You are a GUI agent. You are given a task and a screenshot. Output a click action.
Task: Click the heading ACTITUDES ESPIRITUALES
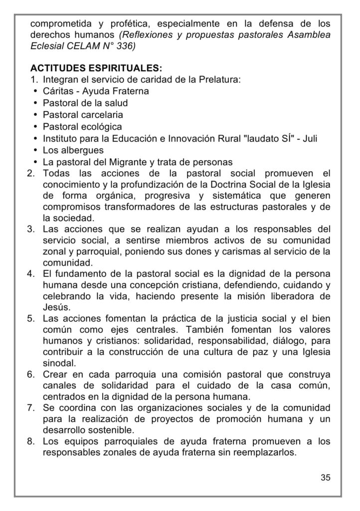point(96,68)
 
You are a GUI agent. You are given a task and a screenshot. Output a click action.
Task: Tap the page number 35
point(325,477)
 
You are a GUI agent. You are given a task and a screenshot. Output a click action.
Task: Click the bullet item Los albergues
point(73,150)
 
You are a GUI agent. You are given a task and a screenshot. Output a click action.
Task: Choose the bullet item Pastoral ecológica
point(82,127)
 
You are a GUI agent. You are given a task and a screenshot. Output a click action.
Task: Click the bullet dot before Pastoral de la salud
point(36,103)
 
